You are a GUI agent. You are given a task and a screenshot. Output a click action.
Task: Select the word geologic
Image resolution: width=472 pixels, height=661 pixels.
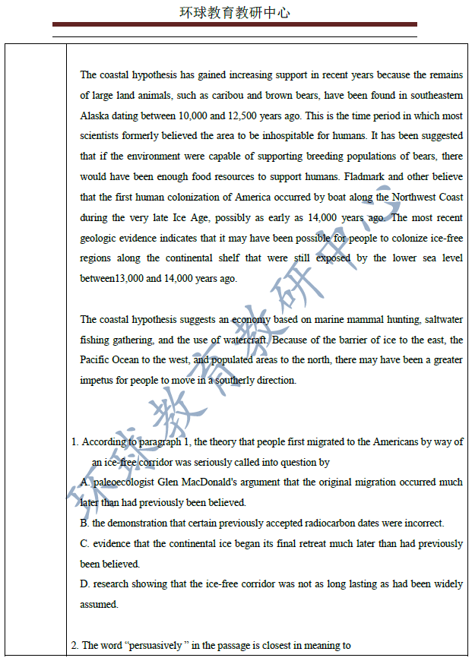coord(98,238)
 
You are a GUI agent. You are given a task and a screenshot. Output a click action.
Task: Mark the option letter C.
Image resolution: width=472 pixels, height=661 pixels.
coord(84,544)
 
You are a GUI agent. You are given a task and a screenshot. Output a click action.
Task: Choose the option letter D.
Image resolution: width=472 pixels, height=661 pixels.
coord(84,584)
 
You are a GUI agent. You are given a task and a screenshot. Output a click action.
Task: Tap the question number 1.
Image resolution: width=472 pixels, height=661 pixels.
coord(74,441)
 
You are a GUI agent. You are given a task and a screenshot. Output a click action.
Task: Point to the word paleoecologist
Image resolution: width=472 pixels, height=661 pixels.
coord(127,482)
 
